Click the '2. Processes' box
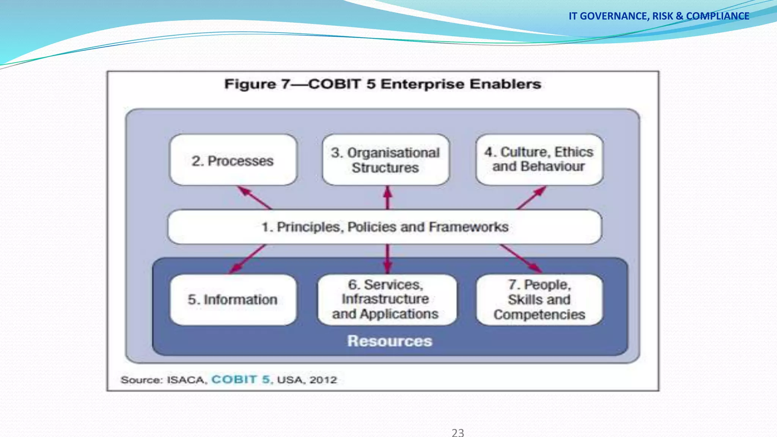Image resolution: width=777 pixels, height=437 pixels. tap(233, 160)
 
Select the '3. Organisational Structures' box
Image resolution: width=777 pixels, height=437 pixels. tap(385, 160)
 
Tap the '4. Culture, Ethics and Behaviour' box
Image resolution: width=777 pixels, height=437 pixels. tap(539, 159)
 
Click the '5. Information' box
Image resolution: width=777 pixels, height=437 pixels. tap(233, 300)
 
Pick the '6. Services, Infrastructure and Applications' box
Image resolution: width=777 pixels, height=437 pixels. tap(386, 300)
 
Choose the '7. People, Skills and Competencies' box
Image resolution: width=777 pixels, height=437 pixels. tap(539, 300)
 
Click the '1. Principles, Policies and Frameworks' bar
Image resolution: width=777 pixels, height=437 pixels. tap(385, 227)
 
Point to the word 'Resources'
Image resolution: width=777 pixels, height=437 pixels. tap(390, 341)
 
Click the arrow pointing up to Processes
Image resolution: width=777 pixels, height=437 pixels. tap(254, 197)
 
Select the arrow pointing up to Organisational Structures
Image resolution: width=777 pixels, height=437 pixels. tap(387, 197)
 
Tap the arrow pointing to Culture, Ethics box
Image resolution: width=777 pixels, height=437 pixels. tap(531, 197)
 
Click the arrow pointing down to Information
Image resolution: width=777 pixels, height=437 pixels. tap(247, 259)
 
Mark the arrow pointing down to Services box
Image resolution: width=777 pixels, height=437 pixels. tap(387, 259)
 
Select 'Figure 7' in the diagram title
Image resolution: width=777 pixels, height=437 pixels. tap(257, 84)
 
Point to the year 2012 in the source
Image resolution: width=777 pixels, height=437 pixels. tap(323, 380)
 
